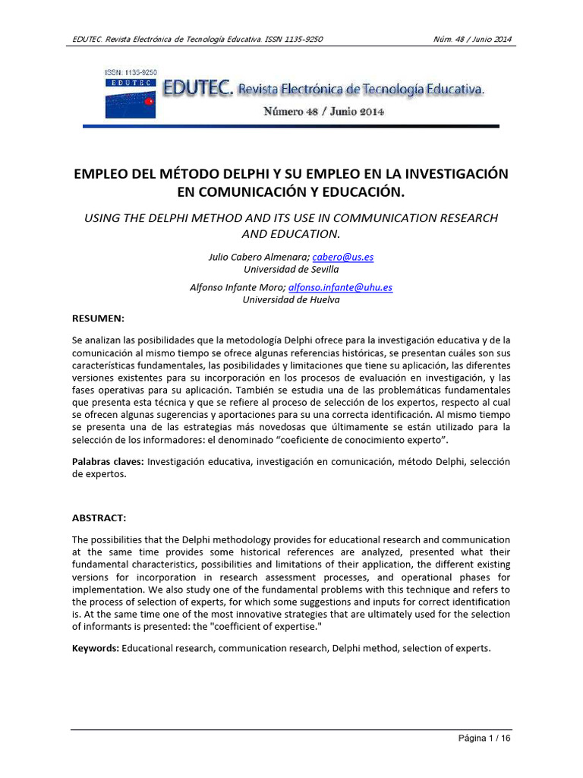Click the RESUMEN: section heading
(x=98, y=318)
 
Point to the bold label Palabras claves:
(x=108, y=462)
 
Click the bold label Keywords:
(x=96, y=649)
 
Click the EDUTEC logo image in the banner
(x=130, y=94)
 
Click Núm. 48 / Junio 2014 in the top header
(x=472, y=39)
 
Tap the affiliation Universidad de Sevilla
(x=291, y=269)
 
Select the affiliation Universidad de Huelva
(x=291, y=299)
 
